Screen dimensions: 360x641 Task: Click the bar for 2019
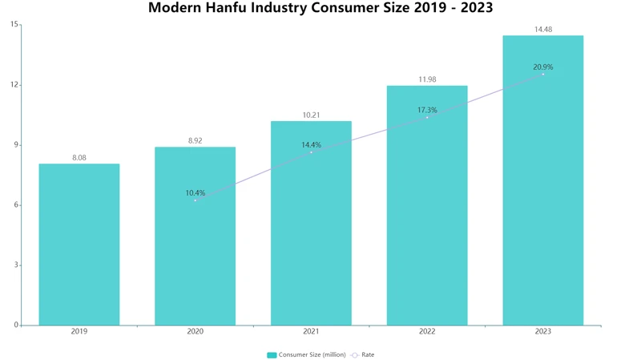pyautogui.click(x=79, y=245)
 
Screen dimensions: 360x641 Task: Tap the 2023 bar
pyautogui.click(x=542, y=180)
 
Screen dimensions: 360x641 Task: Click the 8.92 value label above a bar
pyautogui.click(x=196, y=140)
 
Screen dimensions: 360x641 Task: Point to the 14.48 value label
pyautogui.click(x=542, y=30)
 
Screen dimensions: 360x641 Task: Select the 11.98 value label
pyautogui.click(x=427, y=79)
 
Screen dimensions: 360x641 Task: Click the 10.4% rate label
pyautogui.click(x=196, y=192)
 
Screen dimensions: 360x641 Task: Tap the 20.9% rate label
pyautogui.click(x=542, y=67)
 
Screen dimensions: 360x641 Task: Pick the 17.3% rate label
pyautogui.click(x=427, y=110)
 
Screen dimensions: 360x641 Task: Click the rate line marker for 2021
pyautogui.click(x=311, y=152)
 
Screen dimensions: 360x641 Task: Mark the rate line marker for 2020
pyautogui.click(x=196, y=200)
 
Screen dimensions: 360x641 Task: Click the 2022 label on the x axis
pyautogui.click(x=427, y=331)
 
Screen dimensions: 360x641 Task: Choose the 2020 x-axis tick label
pyautogui.click(x=196, y=331)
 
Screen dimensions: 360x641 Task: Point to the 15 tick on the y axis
pyautogui.click(x=14, y=25)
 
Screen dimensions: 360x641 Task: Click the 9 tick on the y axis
pyautogui.click(x=16, y=145)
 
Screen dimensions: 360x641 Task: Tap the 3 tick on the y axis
pyautogui.click(x=16, y=265)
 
